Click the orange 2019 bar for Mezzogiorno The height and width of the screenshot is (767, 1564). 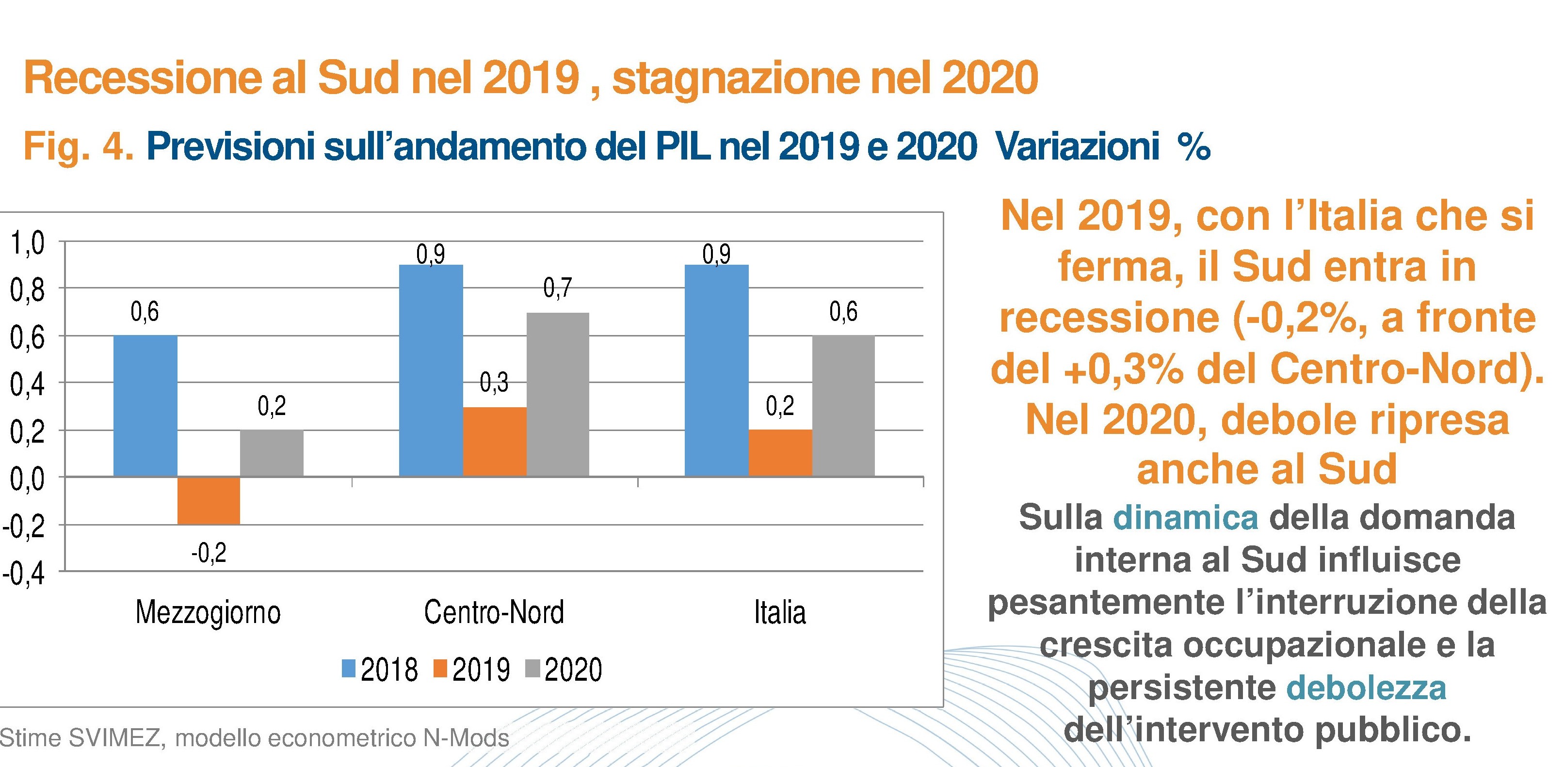208,501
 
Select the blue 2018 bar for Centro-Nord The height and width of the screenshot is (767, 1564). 431,370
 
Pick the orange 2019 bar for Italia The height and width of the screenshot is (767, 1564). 780,453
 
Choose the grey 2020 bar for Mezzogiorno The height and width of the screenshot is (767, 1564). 272,453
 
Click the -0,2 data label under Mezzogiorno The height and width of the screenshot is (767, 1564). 208,553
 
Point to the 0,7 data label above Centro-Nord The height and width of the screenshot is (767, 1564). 557,288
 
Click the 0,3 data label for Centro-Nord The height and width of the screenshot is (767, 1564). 494,382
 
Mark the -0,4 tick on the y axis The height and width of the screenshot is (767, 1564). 24,574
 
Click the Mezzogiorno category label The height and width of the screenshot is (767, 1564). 208,612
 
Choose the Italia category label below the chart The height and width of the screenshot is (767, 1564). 780,612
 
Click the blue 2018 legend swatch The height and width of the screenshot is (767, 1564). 349,669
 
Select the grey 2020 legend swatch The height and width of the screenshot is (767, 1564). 532,669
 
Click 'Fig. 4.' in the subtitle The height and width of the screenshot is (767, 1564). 79,147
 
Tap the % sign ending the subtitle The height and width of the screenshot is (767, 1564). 1193,147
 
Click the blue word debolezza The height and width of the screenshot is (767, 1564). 1366,688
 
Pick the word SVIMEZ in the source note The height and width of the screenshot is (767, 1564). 115,738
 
